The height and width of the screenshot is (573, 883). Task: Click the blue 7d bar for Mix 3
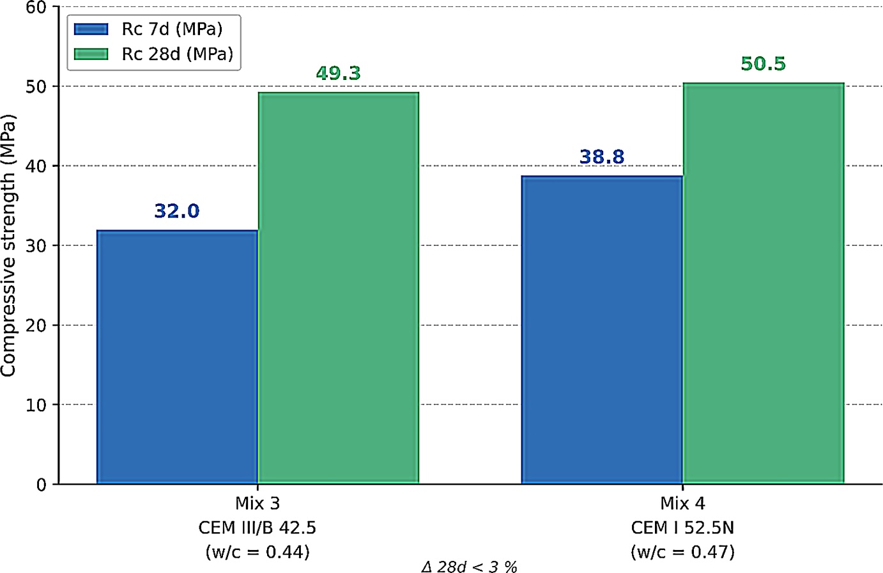(178, 357)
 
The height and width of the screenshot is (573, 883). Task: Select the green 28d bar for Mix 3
(339, 288)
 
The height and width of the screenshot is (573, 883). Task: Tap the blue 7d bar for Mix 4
(602, 330)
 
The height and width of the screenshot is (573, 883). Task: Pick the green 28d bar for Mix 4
(764, 283)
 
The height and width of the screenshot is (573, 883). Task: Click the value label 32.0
(177, 211)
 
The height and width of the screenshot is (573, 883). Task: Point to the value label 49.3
(338, 74)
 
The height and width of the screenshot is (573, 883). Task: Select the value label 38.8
(602, 157)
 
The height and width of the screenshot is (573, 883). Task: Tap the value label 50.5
(763, 64)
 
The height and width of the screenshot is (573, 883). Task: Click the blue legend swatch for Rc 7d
(91, 29)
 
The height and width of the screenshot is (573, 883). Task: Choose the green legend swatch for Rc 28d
(91, 54)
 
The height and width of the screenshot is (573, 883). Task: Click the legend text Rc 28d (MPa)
(178, 54)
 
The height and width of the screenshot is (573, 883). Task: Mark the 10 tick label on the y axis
(36, 405)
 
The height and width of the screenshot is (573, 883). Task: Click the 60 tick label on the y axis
(36, 8)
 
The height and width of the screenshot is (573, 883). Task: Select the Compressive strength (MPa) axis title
(8, 246)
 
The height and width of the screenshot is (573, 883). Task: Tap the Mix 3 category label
(257, 503)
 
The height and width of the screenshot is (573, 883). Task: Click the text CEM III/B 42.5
(257, 528)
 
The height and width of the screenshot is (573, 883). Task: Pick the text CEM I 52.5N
(683, 528)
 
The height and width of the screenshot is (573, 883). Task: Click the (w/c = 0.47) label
(683, 552)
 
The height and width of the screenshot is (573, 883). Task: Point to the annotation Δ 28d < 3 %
(469, 567)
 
